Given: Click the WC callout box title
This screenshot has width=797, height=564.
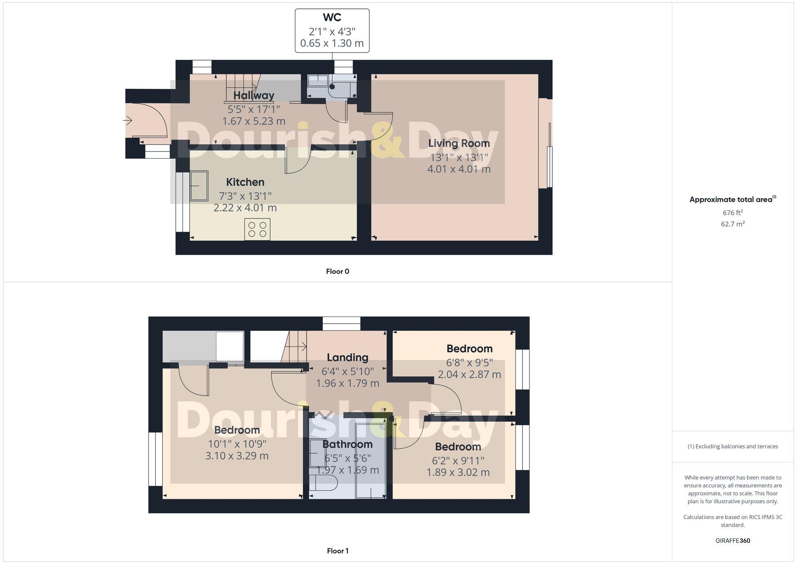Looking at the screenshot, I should click(x=332, y=18).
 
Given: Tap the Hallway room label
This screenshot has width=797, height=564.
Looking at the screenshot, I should click(x=254, y=96).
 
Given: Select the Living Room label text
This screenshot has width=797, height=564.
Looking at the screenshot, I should click(x=459, y=143).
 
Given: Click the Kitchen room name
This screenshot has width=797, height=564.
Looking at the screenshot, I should click(x=245, y=182).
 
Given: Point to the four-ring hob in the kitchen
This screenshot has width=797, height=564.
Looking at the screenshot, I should click(x=257, y=230).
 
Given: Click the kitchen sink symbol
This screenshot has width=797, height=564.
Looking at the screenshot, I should click(x=199, y=186).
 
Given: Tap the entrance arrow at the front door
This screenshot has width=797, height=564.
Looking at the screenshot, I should click(x=128, y=120).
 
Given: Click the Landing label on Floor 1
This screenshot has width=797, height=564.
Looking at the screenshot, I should click(x=347, y=358).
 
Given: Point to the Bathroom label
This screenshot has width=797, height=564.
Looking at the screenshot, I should click(x=347, y=444).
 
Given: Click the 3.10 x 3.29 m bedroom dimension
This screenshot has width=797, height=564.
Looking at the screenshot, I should click(x=237, y=456).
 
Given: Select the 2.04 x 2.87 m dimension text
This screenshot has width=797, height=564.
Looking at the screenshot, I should click(x=469, y=374).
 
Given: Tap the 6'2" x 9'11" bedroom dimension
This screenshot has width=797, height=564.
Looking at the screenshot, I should click(x=458, y=461).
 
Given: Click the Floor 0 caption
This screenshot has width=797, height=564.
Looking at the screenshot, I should click(x=338, y=271).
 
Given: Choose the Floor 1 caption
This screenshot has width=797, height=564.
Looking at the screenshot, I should click(x=338, y=551).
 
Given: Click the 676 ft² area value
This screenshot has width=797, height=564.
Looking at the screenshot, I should click(x=732, y=212).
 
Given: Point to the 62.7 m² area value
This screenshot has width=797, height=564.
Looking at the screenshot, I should click(x=732, y=224).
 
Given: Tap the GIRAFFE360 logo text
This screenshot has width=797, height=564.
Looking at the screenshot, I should click(x=732, y=540).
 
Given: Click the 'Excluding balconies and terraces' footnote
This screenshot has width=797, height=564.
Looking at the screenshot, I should click(x=732, y=446).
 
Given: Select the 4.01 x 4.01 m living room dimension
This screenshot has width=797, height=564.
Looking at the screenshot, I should click(x=459, y=169).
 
